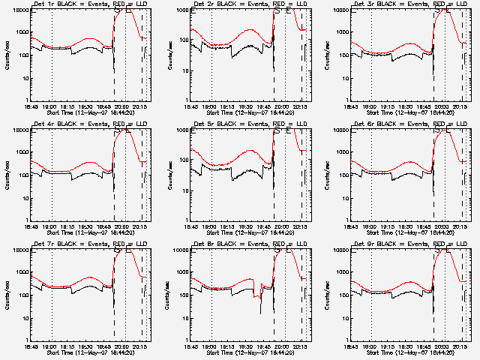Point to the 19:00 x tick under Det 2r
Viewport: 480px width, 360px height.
point(211,107)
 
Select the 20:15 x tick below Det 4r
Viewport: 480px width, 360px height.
point(142,227)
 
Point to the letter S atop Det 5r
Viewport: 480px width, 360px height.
point(277,131)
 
